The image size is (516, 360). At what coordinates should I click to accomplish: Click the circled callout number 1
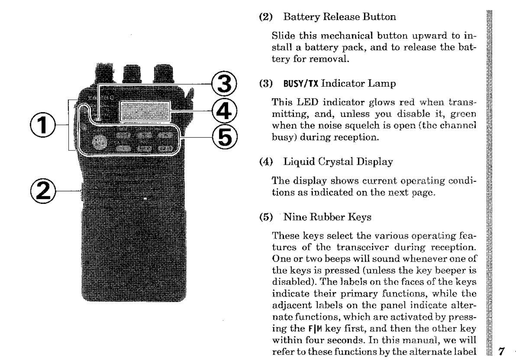pos(43,125)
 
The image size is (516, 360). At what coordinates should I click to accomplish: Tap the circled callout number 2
pos(43,191)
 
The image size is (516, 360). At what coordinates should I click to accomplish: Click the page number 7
pos(502,351)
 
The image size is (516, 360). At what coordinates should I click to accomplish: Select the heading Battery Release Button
pos(339,17)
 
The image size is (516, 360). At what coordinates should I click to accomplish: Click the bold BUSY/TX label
pos(301,84)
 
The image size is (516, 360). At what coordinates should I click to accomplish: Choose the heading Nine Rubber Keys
pos(327,217)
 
